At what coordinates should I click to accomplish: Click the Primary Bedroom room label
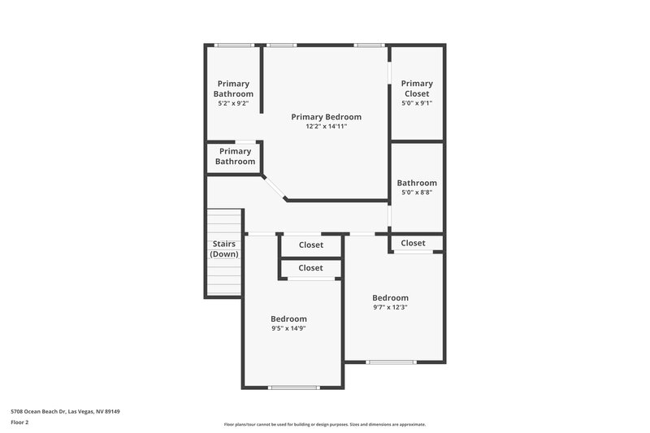tap(326, 117)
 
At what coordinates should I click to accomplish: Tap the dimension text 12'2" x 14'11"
tap(326, 127)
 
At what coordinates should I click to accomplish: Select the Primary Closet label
tap(417, 89)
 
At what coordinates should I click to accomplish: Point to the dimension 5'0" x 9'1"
tap(417, 103)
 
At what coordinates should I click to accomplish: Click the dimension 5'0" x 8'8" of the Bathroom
tap(417, 193)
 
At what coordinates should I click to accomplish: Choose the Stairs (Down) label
tap(224, 249)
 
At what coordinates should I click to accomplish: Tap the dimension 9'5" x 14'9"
tap(288, 328)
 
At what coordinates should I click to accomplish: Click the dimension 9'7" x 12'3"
tap(390, 307)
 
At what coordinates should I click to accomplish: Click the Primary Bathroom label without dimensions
tap(235, 156)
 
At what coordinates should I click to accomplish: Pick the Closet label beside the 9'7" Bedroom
tap(413, 243)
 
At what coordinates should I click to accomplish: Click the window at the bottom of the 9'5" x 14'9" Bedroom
tap(293, 388)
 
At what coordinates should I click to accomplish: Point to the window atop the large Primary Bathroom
tap(232, 45)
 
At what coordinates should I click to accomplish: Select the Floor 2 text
tap(20, 422)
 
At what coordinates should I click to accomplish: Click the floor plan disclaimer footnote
tap(324, 424)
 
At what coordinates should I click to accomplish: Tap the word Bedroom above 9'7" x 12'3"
tap(390, 297)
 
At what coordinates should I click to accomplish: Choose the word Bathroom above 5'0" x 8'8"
tap(417, 183)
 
